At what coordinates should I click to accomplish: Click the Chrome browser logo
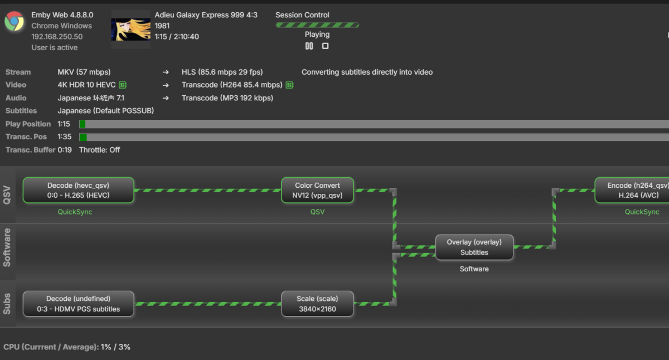point(14,21)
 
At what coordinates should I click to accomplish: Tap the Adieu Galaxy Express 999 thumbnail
point(131,29)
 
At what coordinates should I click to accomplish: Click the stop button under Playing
point(325,46)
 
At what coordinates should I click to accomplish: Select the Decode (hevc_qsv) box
point(78,190)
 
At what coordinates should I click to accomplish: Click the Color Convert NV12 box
point(317,190)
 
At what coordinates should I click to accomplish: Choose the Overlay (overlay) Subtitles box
point(474,247)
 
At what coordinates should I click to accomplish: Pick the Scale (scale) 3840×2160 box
point(317,304)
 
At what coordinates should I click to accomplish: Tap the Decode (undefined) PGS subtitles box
point(78,304)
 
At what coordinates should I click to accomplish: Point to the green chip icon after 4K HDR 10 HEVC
point(123,85)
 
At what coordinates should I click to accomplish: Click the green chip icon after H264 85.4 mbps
point(289,85)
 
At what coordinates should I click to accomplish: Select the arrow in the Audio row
point(166,98)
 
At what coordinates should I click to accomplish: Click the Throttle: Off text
point(99,150)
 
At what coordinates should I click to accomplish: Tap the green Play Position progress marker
point(83,124)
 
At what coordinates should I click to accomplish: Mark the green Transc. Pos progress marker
point(83,137)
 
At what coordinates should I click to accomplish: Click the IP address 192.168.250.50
point(57,37)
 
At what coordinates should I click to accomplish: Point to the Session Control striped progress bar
point(317,25)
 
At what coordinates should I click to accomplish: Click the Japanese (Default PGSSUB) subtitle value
point(106,111)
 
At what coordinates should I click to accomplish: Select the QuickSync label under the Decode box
point(75,212)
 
